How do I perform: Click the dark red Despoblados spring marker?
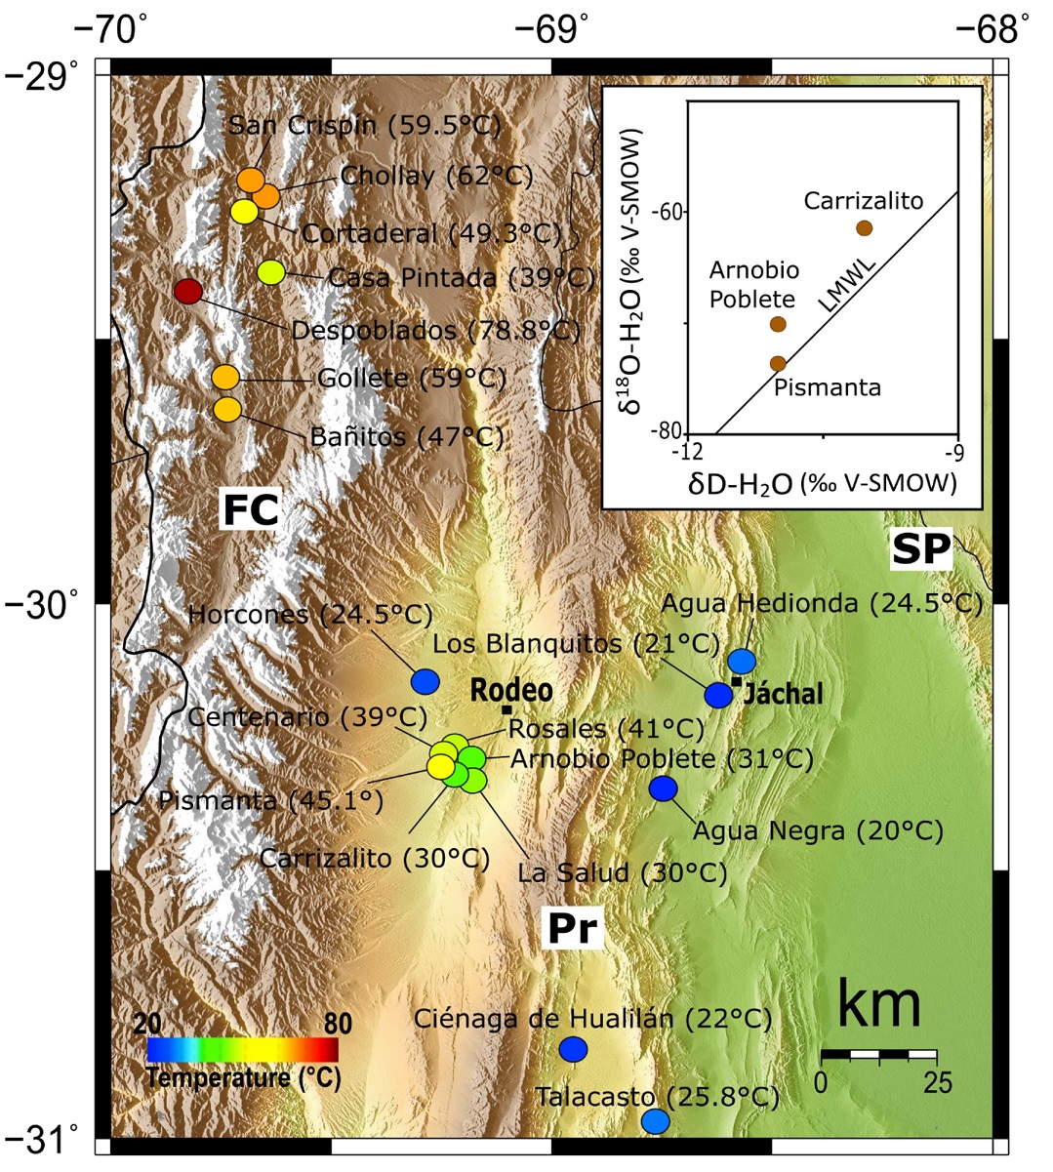[x=187, y=291]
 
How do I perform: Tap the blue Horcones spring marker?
[x=425, y=681]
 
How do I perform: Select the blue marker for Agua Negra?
[x=664, y=788]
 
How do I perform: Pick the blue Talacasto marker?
[x=655, y=1121]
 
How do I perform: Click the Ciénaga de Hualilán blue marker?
[x=573, y=1049]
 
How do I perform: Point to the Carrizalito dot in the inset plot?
[x=864, y=228]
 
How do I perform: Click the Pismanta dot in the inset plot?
[x=778, y=364]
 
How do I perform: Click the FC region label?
[x=251, y=509]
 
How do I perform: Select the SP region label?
[x=920, y=551]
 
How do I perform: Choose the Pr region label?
[x=571, y=928]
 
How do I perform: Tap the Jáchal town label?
[x=786, y=694]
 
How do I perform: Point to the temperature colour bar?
[x=242, y=1049]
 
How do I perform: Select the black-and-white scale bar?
[x=878, y=1055]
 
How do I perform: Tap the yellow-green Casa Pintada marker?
[x=270, y=273]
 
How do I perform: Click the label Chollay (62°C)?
[x=436, y=177]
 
